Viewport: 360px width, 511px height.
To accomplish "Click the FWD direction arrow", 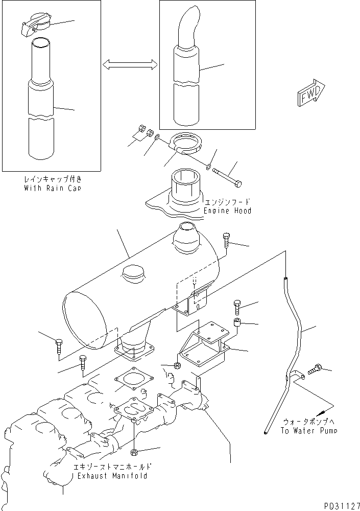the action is coord(311,92).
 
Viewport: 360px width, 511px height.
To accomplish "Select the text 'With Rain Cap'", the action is coord(53,188).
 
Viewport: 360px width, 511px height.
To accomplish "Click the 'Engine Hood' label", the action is coord(227,211).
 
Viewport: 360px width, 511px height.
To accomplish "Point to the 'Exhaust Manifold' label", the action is coord(112,476).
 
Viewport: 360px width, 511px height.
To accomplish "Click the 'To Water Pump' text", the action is coord(308,430).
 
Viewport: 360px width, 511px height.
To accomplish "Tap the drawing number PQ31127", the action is coord(342,505).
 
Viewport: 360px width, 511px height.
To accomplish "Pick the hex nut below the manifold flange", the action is coord(134,452).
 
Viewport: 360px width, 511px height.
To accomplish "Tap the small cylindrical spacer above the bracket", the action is coord(237,323).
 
